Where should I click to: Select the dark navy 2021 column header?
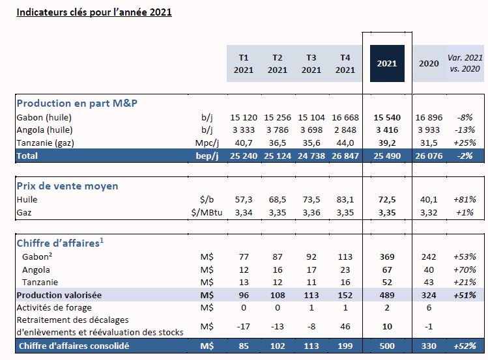pyautogui.click(x=387, y=63)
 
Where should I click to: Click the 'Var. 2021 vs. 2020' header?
pyautogui.click(x=465, y=63)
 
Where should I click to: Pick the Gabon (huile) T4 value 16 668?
pyautogui.click(x=345, y=118)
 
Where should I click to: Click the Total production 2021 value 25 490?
pyautogui.click(x=387, y=156)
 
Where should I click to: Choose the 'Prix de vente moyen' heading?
pyautogui.click(x=67, y=186)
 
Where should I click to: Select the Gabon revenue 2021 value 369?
pyautogui.click(x=388, y=256)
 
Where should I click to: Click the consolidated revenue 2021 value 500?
pyautogui.click(x=388, y=346)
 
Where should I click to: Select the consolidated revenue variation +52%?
pyautogui.click(x=466, y=346)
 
